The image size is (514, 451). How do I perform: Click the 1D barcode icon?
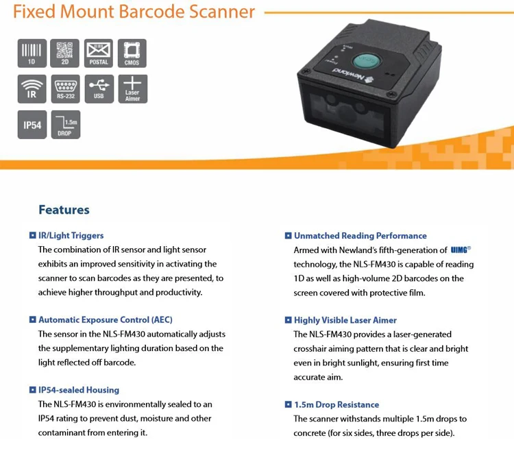[32, 53]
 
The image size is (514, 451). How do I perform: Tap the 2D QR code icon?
[65, 53]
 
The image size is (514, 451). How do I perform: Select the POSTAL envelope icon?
[99, 53]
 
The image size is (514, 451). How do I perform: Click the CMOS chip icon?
[132, 53]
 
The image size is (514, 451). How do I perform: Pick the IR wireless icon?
[32, 89]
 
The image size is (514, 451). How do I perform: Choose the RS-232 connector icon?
[65, 89]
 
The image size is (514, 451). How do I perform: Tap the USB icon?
[99, 89]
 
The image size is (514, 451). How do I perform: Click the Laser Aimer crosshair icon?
[132, 89]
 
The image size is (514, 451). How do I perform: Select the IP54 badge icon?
[32, 125]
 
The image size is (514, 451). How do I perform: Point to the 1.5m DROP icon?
[65, 125]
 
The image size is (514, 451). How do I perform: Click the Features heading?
[64, 210]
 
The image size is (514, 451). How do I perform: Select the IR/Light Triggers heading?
[71, 235]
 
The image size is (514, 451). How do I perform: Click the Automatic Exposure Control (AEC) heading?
[105, 319]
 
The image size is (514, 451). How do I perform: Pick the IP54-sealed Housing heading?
[79, 390]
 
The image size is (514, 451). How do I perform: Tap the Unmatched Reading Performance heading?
[360, 235]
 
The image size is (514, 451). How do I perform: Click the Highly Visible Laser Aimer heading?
[345, 319]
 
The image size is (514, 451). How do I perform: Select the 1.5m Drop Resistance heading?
[336, 404]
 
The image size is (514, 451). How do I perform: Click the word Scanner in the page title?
[221, 12]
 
